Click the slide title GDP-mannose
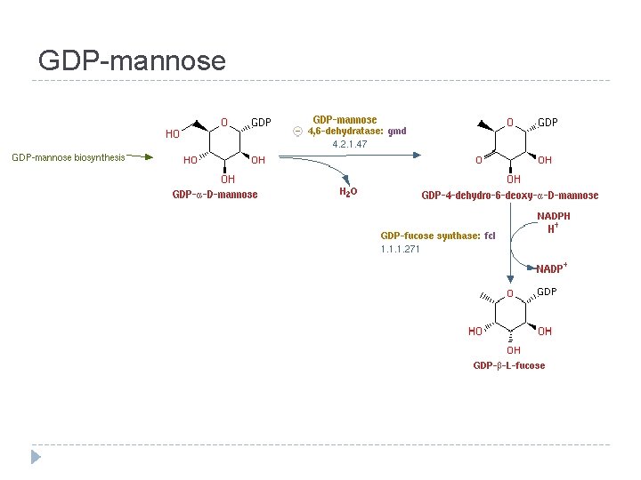pos(132,60)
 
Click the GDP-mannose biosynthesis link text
pos(69,158)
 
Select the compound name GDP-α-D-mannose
pos(215,195)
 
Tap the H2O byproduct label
pos(349,192)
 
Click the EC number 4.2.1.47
pos(350,144)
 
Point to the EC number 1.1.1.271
pos(400,249)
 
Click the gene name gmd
pos(397,131)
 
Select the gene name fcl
pos(490,236)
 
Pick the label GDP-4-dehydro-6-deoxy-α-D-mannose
pos(509,196)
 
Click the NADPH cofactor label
pos(554,216)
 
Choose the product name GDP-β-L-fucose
pos(508,365)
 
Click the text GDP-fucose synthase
pos(430,236)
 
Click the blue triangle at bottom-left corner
pos(36,457)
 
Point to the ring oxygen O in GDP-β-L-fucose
pos(510,293)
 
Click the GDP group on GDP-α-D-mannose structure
pos(261,122)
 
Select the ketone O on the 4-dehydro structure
pos(478,160)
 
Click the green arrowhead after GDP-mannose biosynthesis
pos(148,157)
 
